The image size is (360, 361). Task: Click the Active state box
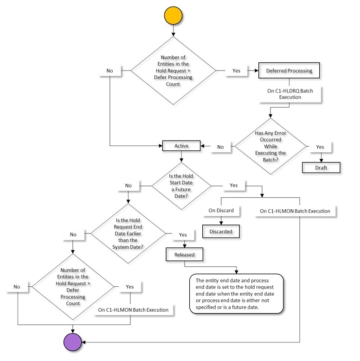pyautogui.click(x=181, y=146)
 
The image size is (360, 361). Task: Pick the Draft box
pyautogui.click(x=321, y=168)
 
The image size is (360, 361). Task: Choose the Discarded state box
pyautogui.click(x=221, y=231)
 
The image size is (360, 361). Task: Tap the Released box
pyautogui.click(x=185, y=255)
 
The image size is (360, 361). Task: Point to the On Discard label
pyautogui.click(x=221, y=210)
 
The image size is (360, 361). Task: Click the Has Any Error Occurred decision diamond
pyautogui.click(x=271, y=146)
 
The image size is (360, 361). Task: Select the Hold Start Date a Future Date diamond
pyautogui.click(x=181, y=185)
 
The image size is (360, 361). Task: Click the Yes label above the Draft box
pyautogui.click(x=320, y=146)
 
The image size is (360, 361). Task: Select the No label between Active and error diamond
pyautogui.click(x=220, y=147)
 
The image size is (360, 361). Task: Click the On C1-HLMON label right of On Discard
pyautogui.click(x=295, y=211)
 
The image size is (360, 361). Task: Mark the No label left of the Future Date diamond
pyautogui.click(x=128, y=186)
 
